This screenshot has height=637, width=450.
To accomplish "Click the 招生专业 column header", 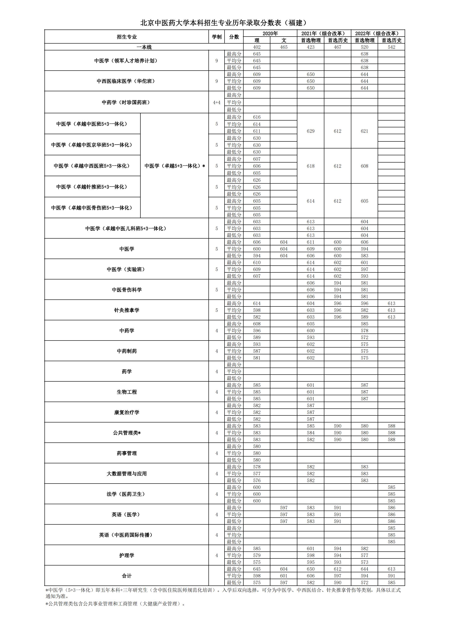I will (127, 37).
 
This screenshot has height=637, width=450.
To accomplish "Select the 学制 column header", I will (217, 37).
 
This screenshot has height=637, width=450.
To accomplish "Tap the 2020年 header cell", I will (270, 33).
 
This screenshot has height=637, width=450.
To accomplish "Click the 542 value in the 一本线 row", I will (391, 47).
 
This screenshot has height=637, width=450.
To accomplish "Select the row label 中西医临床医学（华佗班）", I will (126, 81).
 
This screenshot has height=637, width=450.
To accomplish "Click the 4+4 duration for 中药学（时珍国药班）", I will (217, 102).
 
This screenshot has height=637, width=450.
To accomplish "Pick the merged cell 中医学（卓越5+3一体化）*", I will (175, 166).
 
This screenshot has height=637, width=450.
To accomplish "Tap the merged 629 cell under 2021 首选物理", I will (311, 131).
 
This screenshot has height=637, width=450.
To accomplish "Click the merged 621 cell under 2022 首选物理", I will (364, 131).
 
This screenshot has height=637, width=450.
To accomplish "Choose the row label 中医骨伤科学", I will (127, 290).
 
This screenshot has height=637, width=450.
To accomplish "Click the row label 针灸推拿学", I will (127, 310).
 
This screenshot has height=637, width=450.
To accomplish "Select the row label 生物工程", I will (127, 392).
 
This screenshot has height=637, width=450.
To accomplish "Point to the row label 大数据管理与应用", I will (127, 474).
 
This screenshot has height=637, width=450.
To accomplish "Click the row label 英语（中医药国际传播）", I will (127, 535).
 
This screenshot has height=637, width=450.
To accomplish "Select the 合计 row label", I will (127, 576).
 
